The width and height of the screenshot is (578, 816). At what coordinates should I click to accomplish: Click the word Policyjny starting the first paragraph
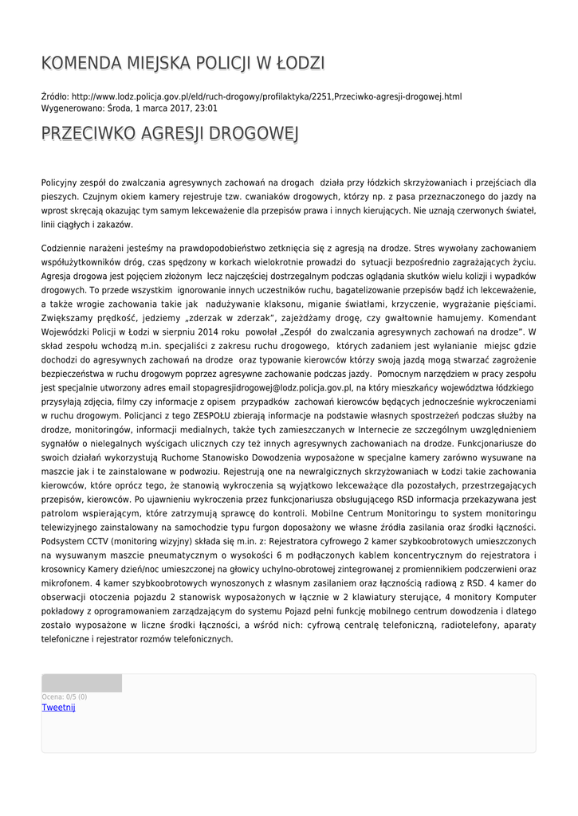click(62, 182)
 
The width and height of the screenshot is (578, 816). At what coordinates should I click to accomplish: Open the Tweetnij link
click(58, 708)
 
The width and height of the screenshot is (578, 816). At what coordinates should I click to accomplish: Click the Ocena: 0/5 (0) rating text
click(65, 696)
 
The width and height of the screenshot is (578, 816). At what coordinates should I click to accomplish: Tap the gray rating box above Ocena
click(81, 683)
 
